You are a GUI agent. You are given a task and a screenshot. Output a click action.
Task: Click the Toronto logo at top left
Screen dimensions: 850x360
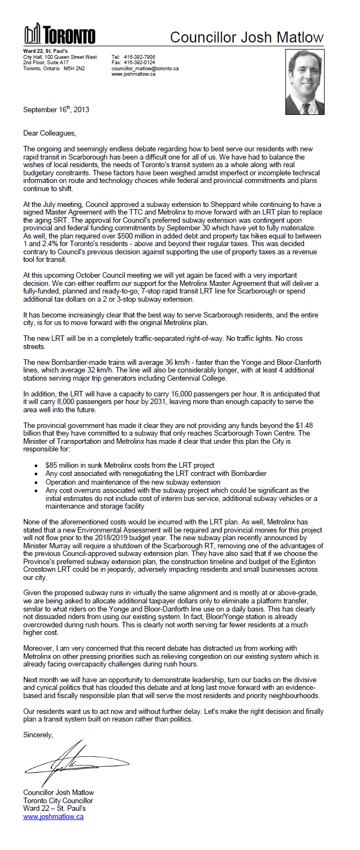coord(59,34)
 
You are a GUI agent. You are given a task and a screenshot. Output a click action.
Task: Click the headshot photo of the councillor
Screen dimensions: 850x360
coord(304,82)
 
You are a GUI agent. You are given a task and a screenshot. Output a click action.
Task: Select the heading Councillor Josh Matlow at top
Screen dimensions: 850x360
coord(247,37)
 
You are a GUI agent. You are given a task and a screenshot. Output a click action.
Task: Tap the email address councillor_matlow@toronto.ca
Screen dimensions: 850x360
coord(145,69)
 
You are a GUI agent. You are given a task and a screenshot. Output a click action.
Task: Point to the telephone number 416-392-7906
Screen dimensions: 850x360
coord(141,57)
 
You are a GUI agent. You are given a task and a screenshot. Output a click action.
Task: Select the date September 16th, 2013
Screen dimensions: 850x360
coord(56,109)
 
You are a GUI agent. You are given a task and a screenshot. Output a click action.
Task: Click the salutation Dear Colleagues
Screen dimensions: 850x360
coord(50,133)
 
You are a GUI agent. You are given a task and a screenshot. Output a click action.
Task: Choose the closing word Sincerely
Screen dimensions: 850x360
coord(38,735)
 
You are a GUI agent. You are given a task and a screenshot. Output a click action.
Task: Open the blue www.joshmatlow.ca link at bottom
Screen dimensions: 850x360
coord(53,817)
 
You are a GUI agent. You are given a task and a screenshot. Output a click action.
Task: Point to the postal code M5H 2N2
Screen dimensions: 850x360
coord(74,69)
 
